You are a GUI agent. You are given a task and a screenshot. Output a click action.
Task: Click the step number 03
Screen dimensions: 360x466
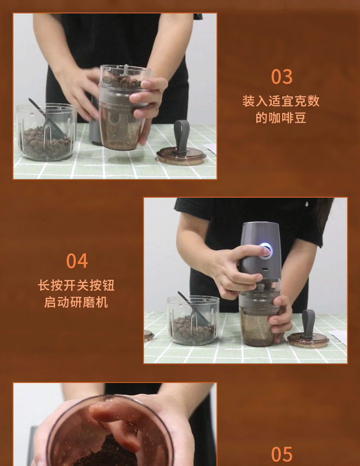tap(281, 77)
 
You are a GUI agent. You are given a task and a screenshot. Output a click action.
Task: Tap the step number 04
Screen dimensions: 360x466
tap(77, 261)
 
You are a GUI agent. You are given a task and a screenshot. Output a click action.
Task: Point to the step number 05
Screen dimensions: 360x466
tap(281, 454)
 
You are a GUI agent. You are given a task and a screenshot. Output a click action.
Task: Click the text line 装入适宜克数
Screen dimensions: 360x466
tap(281, 101)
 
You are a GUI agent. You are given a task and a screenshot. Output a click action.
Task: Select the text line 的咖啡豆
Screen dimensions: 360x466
tap(281, 118)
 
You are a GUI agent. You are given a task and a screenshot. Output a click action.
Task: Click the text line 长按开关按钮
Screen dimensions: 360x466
tap(76, 285)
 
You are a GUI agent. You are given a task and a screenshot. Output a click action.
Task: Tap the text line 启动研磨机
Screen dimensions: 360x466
tap(76, 302)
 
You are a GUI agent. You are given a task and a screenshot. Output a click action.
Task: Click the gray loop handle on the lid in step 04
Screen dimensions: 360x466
tap(308, 324)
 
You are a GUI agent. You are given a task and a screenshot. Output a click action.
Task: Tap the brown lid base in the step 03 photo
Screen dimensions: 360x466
tap(181, 155)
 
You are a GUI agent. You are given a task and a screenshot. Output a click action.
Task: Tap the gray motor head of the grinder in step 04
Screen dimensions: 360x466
tap(260, 250)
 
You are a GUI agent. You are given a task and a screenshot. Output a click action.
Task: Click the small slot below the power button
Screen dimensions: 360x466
tap(264, 270)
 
